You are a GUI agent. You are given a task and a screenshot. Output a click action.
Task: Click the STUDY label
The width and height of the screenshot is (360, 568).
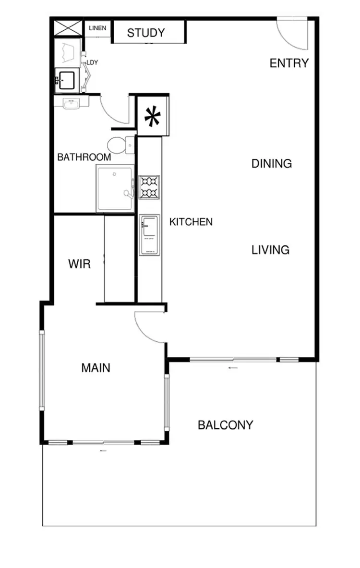tap(146, 33)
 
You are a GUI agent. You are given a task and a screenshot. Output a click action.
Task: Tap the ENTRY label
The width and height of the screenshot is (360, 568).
tap(289, 63)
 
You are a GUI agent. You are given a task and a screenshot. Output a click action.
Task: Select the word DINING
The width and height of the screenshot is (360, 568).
tap(272, 164)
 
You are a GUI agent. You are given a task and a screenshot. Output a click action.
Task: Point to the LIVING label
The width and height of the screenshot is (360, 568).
tap(271, 250)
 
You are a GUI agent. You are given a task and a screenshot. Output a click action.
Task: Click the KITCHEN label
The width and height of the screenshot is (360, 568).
tap(191, 222)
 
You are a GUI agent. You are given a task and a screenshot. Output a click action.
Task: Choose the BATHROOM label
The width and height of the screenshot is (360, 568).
tap(84, 157)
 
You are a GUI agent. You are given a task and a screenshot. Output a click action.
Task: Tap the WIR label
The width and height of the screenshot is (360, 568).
tap(79, 264)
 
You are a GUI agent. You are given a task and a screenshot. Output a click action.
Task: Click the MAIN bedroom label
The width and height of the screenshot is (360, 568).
tap(96, 368)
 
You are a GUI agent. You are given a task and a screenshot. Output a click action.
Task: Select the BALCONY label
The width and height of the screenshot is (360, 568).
tap(226, 425)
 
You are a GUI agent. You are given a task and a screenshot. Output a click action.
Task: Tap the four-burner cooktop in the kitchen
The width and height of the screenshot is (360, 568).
tap(149, 187)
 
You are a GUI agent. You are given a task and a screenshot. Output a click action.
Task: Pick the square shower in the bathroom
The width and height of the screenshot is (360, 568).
tap(115, 188)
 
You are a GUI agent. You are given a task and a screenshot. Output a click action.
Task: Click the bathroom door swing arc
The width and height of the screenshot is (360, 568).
tap(114, 110)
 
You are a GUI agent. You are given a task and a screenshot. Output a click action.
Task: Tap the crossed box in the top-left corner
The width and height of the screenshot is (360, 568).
tap(68, 28)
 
